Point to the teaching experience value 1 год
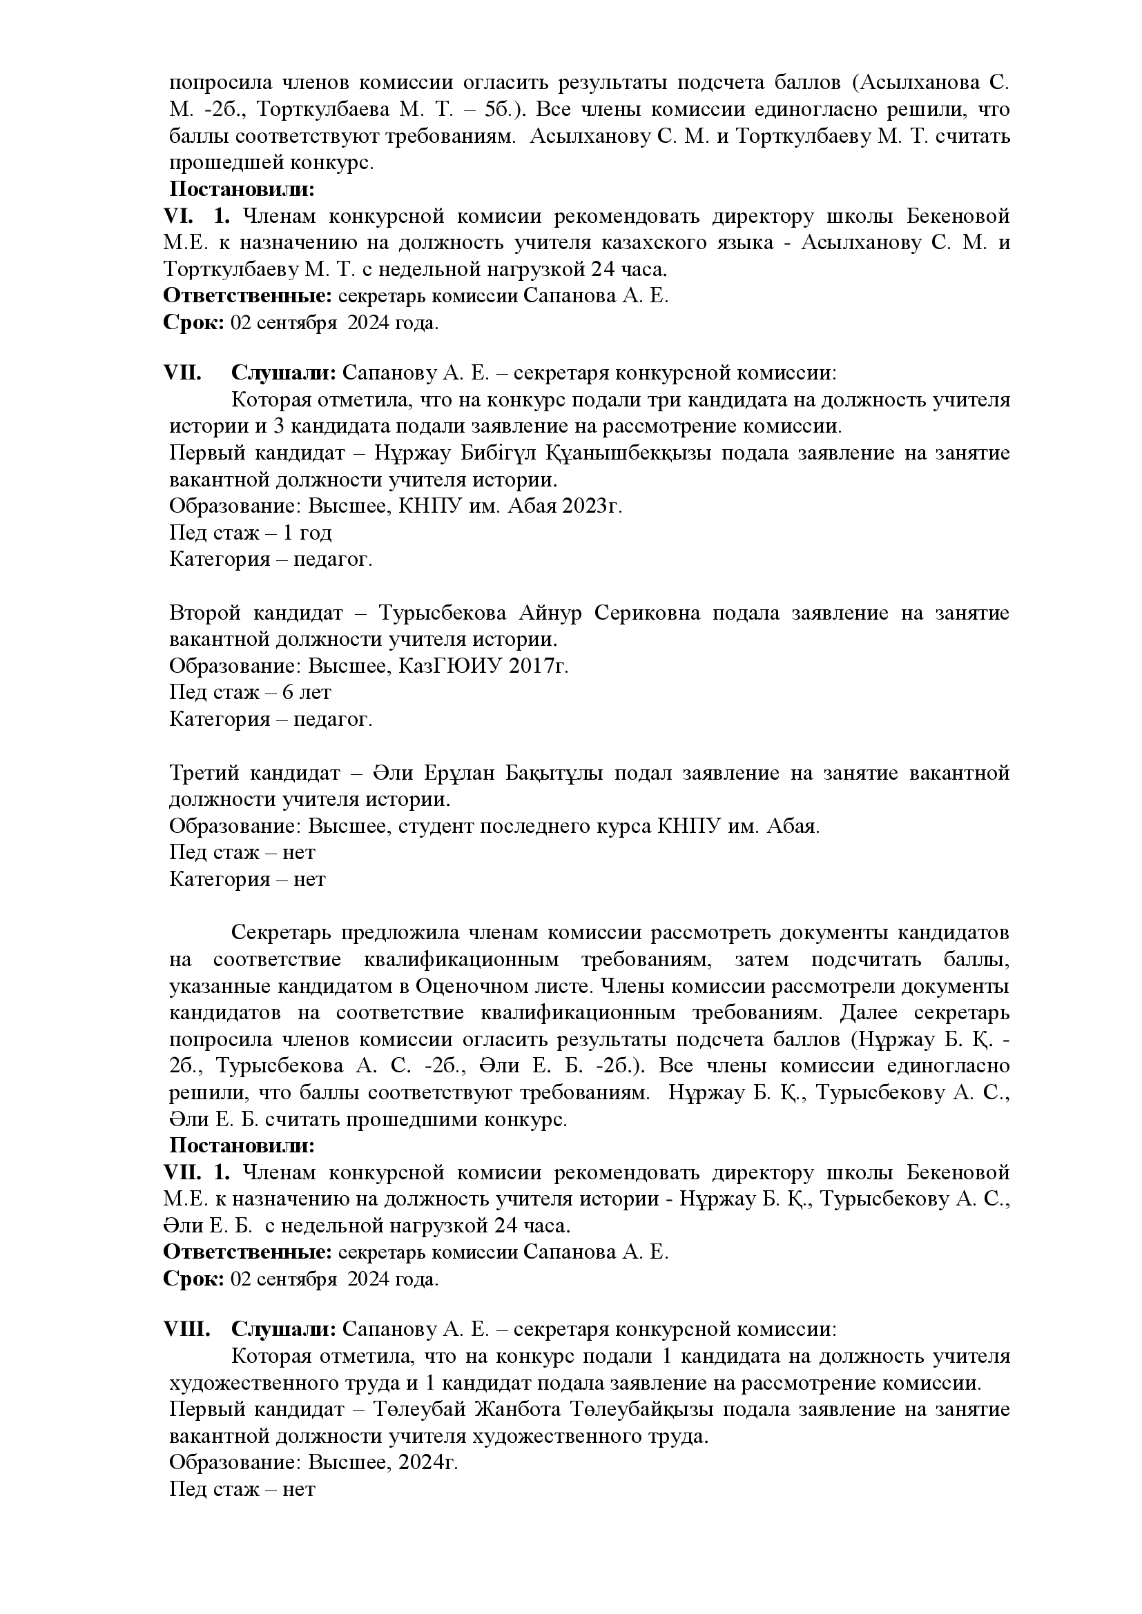(x=307, y=533)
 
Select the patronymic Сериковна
(x=647, y=613)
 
